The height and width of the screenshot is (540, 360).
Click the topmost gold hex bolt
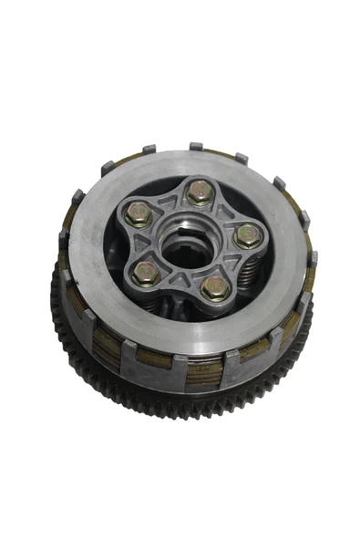[201, 192]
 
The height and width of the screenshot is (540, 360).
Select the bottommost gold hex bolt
[214, 287]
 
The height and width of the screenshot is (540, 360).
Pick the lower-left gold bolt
[146, 271]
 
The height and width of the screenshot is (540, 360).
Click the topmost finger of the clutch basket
[195, 146]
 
